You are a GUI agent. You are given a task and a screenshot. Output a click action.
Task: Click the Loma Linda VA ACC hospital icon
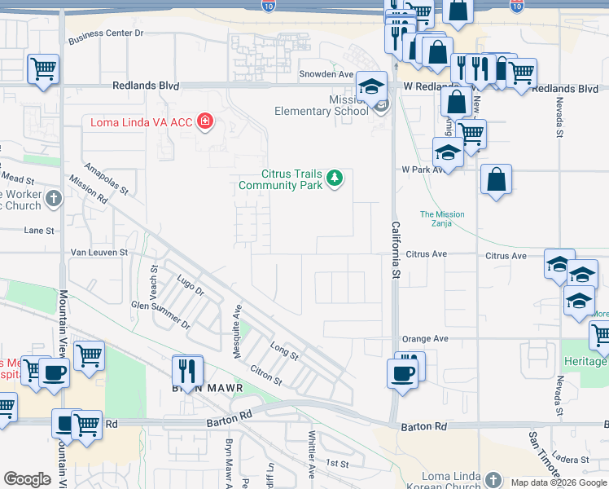click(204, 122)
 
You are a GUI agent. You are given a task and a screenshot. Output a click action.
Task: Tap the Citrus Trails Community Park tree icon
click(334, 178)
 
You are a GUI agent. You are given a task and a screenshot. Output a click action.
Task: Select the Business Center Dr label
click(106, 34)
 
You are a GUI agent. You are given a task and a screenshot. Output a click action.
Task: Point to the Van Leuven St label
click(99, 253)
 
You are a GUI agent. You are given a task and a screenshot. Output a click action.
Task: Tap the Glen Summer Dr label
click(160, 314)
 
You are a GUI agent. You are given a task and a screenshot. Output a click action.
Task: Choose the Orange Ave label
click(424, 338)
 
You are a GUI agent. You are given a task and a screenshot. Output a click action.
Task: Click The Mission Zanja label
click(442, 219)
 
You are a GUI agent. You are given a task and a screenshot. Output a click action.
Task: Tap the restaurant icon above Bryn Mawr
click(187, 371)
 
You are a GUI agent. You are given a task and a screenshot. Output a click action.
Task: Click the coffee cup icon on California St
click(403, 373)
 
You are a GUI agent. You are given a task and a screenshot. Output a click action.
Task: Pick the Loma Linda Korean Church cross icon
click(493, 478)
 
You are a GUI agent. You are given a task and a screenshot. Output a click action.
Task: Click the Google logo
click(27, 479)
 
